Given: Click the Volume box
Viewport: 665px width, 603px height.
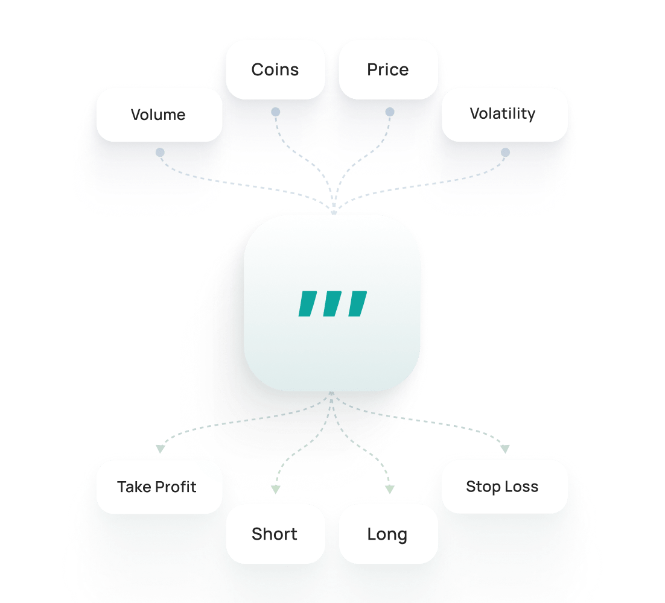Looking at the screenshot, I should point(159,115).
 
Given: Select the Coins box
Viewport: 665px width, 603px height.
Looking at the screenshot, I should point(275,69).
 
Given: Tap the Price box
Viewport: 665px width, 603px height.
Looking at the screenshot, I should point(388,69).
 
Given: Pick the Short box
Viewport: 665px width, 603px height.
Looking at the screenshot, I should point(275,534).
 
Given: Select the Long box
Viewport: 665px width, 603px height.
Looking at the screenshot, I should point(388,534).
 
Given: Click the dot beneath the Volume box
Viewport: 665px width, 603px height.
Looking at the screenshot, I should point(159,153).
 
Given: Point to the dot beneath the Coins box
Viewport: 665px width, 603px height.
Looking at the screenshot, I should point(275,112).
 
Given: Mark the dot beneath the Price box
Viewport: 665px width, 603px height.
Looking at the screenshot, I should point(389,112).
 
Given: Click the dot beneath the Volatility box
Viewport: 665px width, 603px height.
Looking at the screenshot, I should point(506,153).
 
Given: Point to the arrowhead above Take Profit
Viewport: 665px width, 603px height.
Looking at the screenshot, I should point(160,449).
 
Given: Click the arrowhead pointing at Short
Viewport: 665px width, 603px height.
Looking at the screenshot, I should point(275,490).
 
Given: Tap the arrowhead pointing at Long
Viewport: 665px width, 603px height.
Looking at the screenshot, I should point(390,489).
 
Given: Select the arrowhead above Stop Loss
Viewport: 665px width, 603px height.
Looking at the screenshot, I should point(505,449).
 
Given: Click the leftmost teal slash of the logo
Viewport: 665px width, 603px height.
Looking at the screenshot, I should point(308,304).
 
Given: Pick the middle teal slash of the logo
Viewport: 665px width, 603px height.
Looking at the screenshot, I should point(332,304).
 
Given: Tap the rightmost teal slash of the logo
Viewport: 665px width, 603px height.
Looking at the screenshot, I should point(357,304).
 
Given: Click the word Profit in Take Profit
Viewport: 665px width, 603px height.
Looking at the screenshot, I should point(175,487).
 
